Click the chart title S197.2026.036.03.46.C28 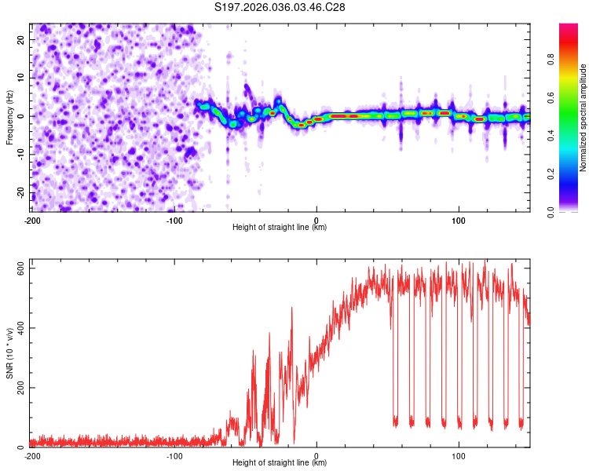pos(280,7)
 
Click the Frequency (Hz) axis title pos(9,117)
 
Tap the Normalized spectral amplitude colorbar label pos(584,118)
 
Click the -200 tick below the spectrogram pos(32,220)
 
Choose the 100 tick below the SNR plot pos(459,455)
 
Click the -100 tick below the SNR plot pos(174,455)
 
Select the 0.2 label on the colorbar pos(551,173)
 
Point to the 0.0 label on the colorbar pos(551,210)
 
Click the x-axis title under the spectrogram pos(280,228)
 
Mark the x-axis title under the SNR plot pos(280,463)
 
